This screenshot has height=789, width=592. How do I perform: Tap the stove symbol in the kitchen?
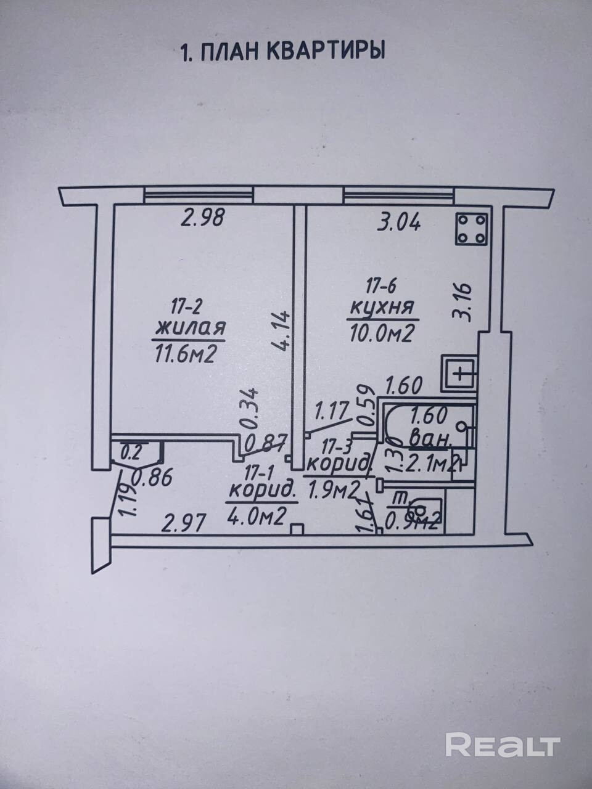472,229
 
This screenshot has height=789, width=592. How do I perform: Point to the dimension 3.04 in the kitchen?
398,220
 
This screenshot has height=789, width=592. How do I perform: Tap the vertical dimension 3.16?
462,301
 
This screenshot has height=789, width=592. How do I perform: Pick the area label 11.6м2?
186,354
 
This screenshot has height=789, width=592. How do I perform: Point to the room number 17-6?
380,286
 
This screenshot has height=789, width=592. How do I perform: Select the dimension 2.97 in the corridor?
184,525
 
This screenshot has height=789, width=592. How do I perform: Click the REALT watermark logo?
503,745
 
